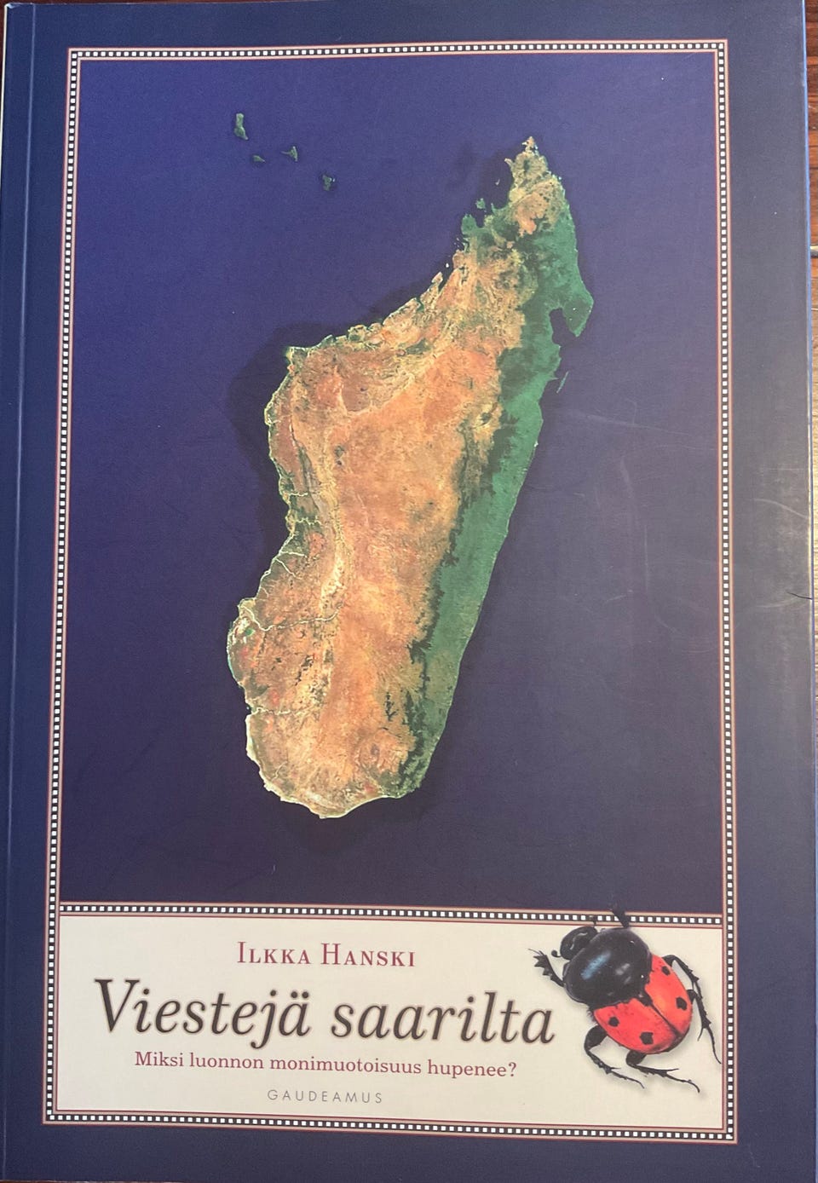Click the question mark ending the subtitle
tap(512, 1062)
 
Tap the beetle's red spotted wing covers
tap(648, 1001)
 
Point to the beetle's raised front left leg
tap(546, 964)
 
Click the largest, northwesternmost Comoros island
tap(240, 126)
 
